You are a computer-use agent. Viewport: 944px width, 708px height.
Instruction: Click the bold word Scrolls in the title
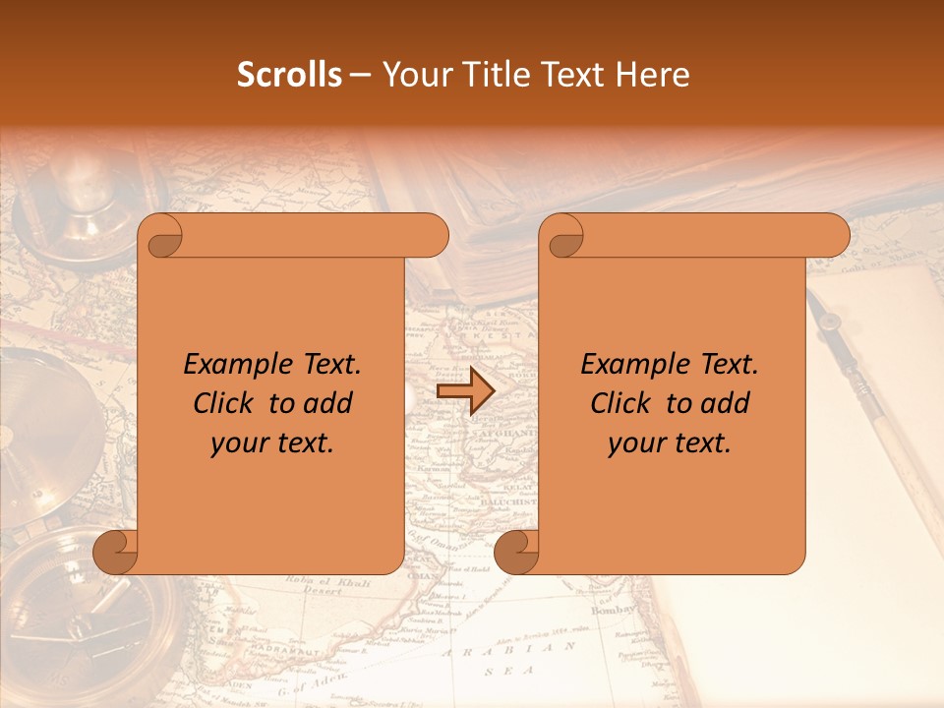pyautogui.click(x=289, y=75)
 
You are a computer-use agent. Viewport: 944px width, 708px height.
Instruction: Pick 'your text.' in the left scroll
pyautogui.click(x=272, y=443)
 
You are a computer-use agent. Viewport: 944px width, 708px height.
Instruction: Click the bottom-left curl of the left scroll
pyautogui.click(x=114, y=552)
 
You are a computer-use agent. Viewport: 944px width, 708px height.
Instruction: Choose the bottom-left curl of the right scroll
pyautogui.click(x=515, y=552)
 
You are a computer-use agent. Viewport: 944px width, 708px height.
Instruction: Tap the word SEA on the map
pyautogui.click(x=501, y=672)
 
